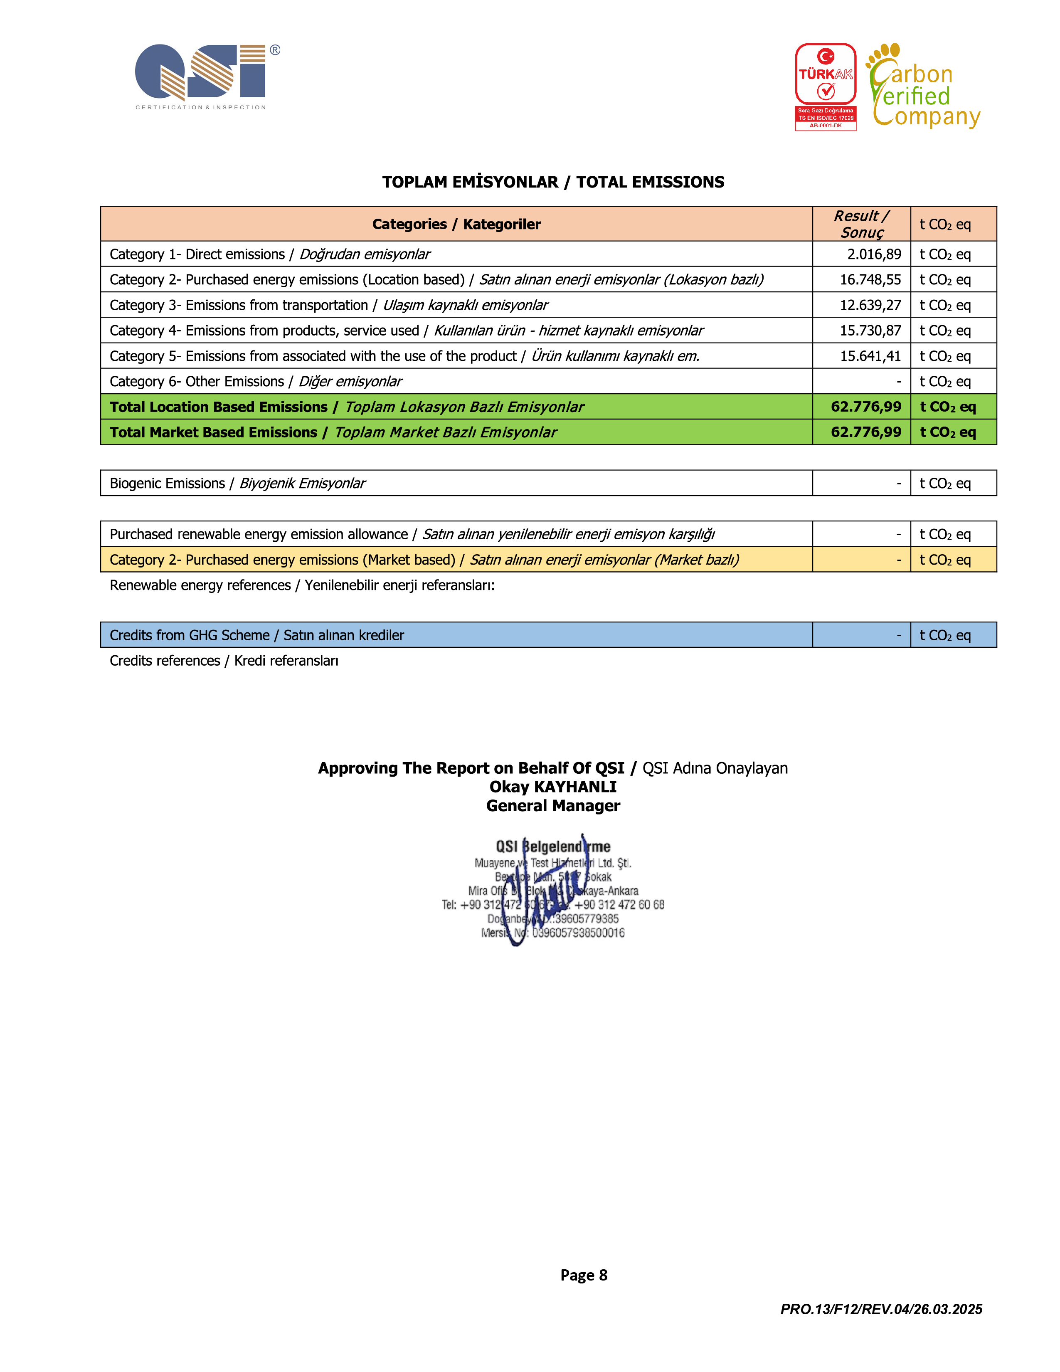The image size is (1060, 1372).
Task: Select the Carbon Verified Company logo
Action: click(923, 87)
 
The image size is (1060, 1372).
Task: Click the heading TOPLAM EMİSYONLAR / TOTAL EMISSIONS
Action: click(552, 182)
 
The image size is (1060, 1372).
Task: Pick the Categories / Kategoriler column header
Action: click(456, 224)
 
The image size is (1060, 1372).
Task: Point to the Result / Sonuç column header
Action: click(861, 224)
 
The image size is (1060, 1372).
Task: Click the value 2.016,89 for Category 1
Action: click(873, 254)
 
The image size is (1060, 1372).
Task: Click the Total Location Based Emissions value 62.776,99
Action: click(865, 407)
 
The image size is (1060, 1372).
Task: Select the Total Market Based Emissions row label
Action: click(333, 433)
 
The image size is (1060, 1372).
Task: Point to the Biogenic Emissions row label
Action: click(237, 484)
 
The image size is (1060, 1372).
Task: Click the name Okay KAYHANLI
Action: click(552, 787)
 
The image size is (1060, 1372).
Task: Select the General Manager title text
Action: click(552, 806)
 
